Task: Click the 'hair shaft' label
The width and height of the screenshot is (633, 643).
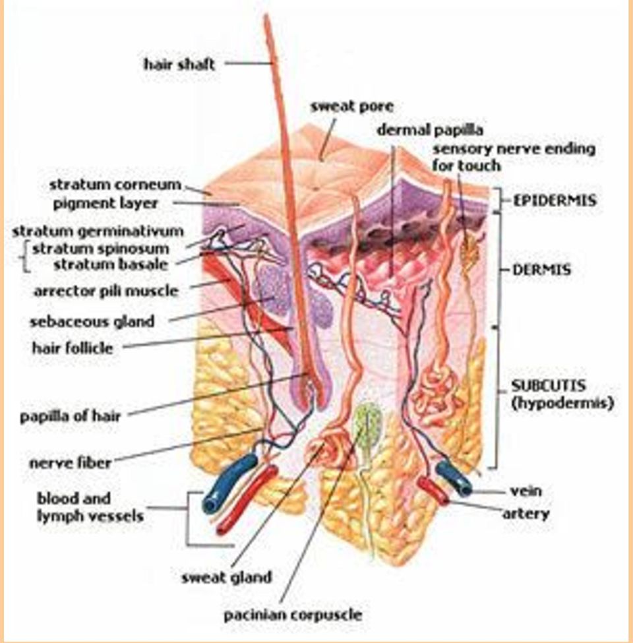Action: (x=179, y=64)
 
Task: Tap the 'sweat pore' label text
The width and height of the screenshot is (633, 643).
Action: (x=351, y=107)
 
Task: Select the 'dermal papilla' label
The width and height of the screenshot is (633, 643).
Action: (x=430, y=130)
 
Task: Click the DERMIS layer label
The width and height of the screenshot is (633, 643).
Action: (x=541, y=270)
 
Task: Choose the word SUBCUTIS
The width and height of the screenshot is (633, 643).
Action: (x=548, y=385)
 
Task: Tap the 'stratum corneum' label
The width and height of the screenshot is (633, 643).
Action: (x=115, y=185)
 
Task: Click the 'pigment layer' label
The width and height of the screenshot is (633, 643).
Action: (x=105, y=203)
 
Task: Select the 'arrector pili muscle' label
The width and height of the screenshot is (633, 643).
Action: (x=106, y=291)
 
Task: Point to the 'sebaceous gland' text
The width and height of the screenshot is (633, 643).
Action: (x=92, y=322)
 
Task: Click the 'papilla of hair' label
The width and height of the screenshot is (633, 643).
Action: (x=70, y=416)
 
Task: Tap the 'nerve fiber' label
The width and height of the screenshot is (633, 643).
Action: (x=71, y=463)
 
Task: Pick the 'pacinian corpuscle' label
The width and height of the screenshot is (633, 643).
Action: (x=293, y=615)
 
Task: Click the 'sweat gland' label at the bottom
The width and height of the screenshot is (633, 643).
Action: (x=227, y=578)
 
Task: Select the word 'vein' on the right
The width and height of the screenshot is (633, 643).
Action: (x=526, y=491)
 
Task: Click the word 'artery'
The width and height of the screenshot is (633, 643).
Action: (x=526, y=514)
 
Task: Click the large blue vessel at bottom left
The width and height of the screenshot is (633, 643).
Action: (x=229, y=482)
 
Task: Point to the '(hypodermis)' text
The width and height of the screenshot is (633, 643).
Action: (x=562, y=403)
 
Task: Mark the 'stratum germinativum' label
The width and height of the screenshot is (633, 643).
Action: (x=98, y=231)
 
